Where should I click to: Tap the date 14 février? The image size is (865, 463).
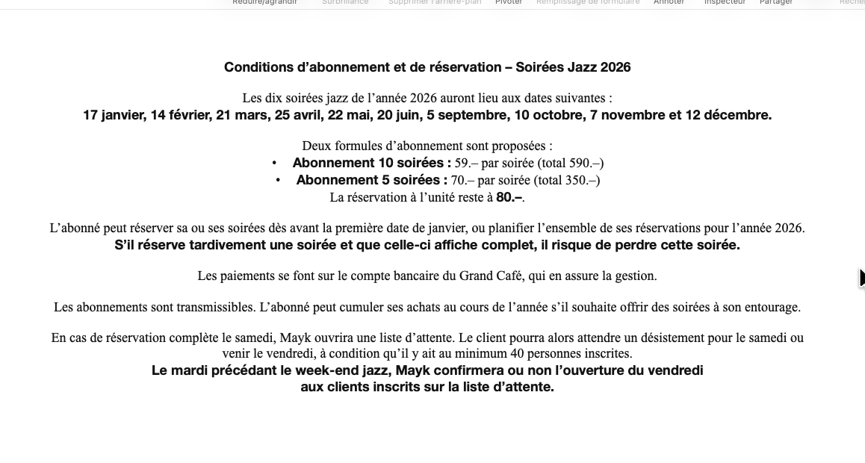[180, 115]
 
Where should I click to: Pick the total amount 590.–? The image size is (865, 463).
[584, 163]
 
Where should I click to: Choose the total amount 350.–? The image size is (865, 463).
[580, 180]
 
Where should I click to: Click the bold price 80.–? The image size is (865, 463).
[509, 198]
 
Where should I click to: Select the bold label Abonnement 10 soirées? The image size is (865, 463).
[371, 163]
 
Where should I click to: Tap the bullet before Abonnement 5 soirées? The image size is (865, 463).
[278, 180]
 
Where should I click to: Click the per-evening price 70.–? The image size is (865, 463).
[463, 180]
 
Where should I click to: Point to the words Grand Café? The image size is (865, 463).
[492, 276]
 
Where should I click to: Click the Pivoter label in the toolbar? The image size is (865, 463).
[509, 2]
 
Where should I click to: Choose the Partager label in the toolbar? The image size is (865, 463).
[776, 2]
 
